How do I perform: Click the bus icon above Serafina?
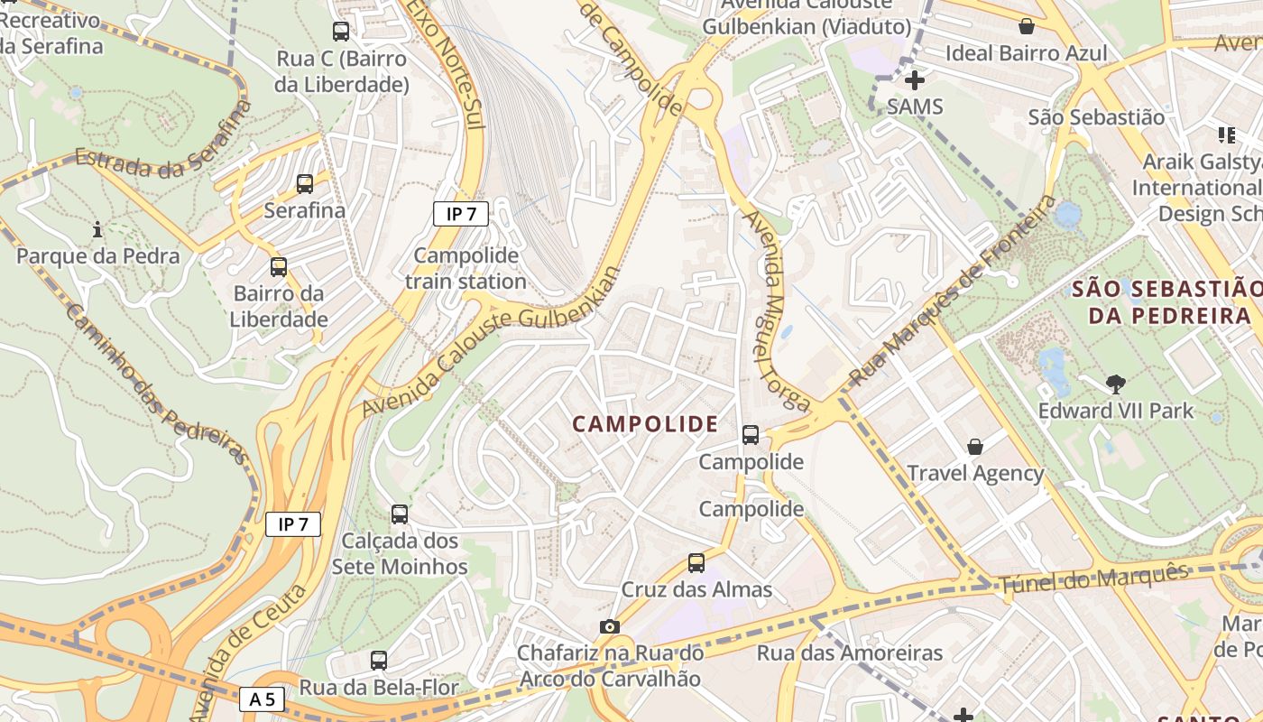[305, 184]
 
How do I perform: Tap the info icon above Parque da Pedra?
[97, 230]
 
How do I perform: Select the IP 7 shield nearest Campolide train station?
[461, 214]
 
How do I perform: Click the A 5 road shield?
[263, 699]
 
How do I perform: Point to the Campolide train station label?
[466, 268]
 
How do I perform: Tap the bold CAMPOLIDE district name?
[645, 424]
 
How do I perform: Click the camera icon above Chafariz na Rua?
[610, 626]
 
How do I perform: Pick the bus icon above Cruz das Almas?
[696, 563]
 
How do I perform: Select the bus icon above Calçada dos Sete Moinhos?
[400, 514]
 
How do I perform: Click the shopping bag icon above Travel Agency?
[975, 447]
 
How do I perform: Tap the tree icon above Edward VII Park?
[1116, 384]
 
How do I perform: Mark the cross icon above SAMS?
[915, 80]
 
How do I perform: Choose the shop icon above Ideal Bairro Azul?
[1026, 26]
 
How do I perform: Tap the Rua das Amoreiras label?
[849, 653]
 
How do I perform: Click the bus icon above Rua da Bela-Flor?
[379, 661]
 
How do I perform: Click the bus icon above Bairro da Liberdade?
[279, 267]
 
